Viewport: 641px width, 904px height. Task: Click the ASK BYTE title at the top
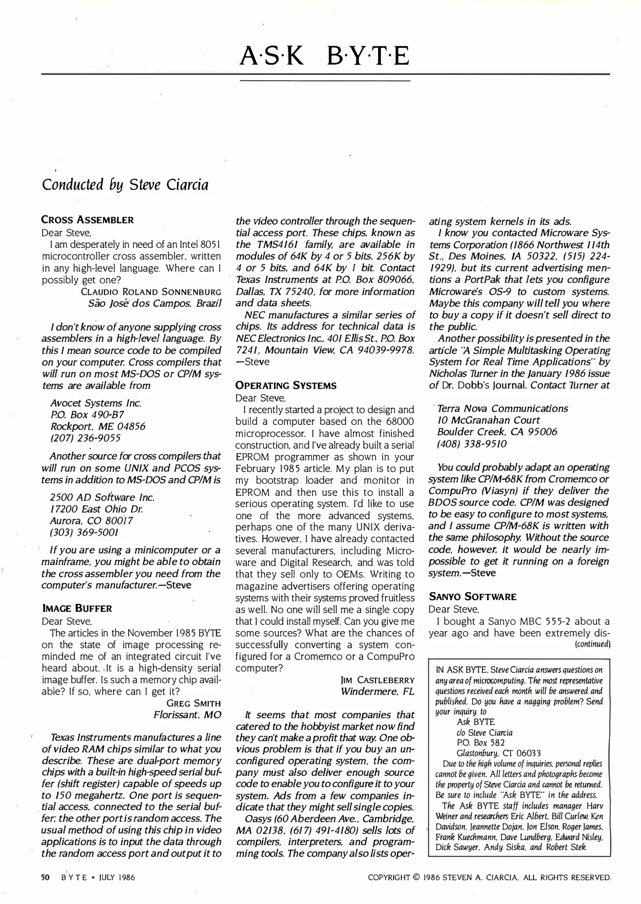[x=324, y=56]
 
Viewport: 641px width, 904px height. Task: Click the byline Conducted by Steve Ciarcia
[x=125, y=185]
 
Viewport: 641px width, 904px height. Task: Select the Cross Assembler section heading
[x=87, y=220]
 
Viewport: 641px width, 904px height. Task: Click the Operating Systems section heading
[x=286, y=385]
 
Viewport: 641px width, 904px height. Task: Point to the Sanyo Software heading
[x=472, y=597]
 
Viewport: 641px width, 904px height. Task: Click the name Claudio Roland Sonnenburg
[x=151, y=292]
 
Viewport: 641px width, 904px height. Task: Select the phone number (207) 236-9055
[x=85, y=438]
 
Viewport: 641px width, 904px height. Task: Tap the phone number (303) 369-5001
[x=84, y=532]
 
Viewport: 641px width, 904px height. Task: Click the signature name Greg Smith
[x=193, y=703]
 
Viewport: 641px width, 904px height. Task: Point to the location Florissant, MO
[x=187, y=715]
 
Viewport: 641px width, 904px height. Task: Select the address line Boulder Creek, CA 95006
[x=497, y=432]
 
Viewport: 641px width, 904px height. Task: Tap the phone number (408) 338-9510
[x=471, y=444]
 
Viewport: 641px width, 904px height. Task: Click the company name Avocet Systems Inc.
[x=96, y=403]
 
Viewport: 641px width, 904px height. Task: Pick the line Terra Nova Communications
[x=502, y=408]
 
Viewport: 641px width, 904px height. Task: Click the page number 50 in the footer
[x=45, y=877]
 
